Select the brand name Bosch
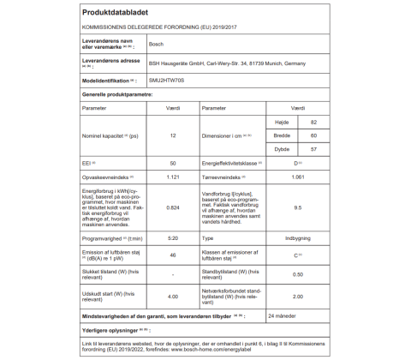(x=157, y=43)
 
